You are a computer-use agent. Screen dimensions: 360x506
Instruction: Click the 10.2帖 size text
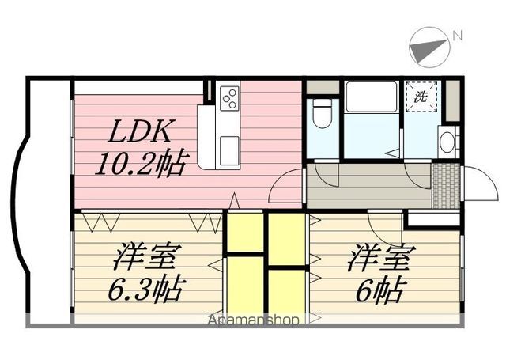click(141, 164)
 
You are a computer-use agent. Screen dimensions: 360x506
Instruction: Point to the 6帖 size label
click(379, 288)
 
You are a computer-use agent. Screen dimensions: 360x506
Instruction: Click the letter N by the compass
click(456, 35)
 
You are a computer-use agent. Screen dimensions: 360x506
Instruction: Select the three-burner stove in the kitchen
click(229, 99)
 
